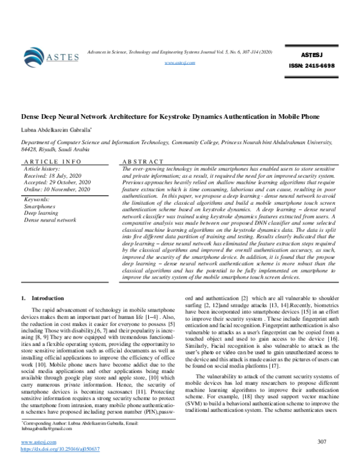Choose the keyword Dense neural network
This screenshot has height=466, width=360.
coord(50,220)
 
